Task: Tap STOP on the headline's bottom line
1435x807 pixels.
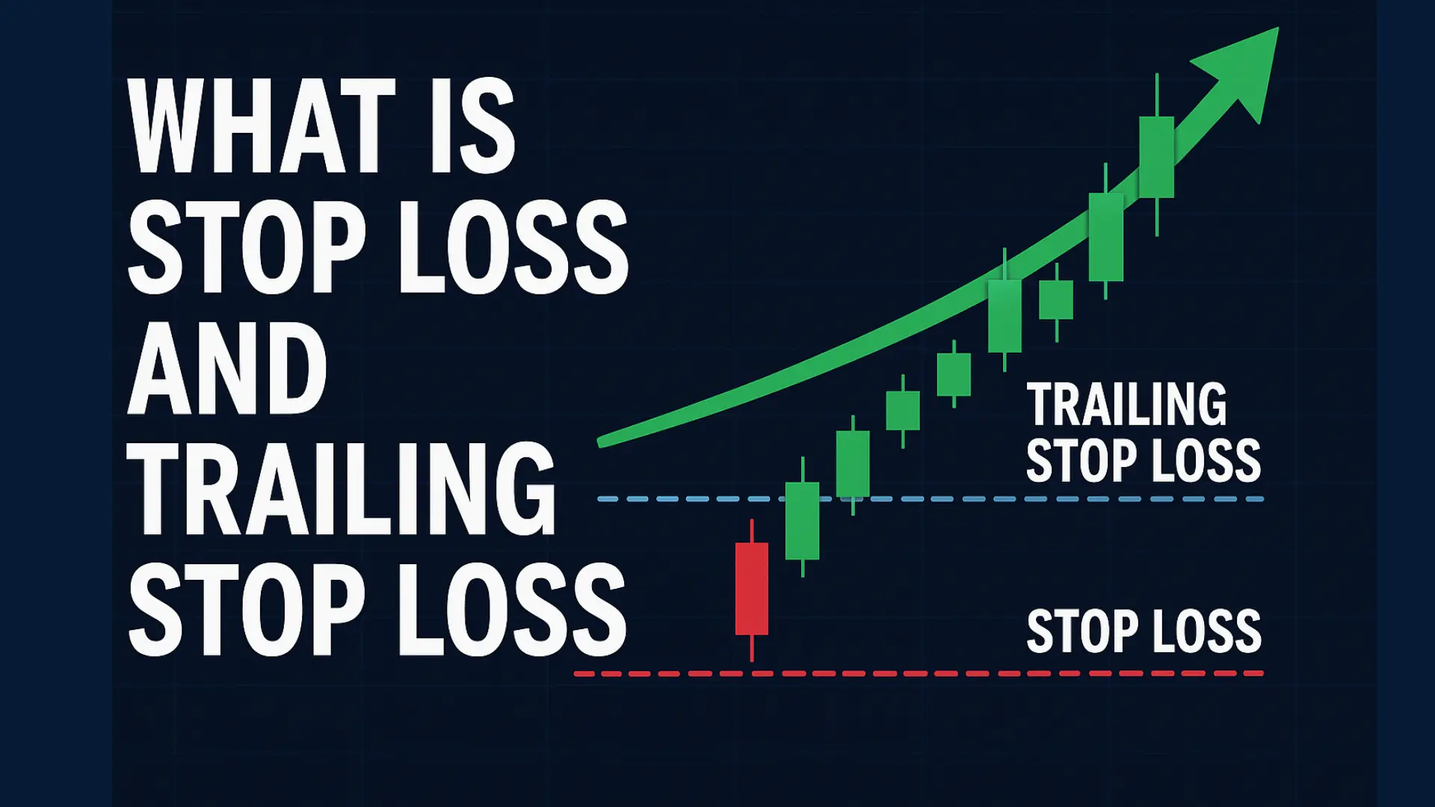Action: coord(247,609)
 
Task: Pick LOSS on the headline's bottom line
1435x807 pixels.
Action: coord(513,609)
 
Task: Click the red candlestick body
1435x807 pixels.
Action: coord(752,589)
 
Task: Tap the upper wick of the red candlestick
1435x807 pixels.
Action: coord(752,531)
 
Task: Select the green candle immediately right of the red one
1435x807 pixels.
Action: coord(802,521)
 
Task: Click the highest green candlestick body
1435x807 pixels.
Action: coord(1156,157)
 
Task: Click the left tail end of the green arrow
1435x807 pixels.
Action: coord(602,442)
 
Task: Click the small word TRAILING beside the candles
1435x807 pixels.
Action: coord(1127,404)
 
